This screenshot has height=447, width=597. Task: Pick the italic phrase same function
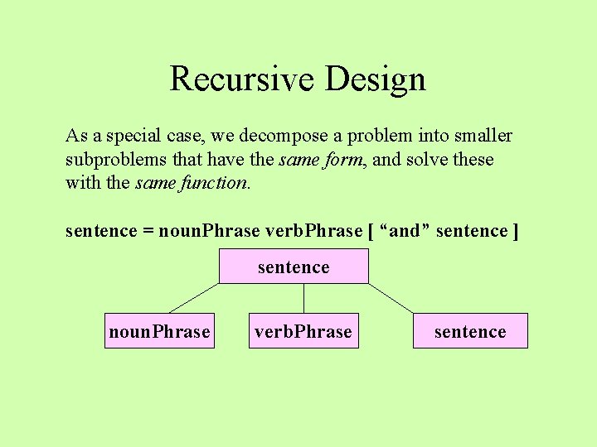pyautogui.click(x=191, y=182)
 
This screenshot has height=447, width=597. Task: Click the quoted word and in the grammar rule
pyautogui.click(x=404, y=231)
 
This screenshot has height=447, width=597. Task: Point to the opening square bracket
pyautogui.click(x=369, y=231)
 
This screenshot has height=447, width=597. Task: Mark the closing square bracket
pyautogui.click(x=516, y=231)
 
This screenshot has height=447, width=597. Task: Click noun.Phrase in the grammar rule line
pyautogui.click(x=208, y=231)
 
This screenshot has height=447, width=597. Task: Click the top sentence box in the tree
pyautogui.click(x=294, y=267)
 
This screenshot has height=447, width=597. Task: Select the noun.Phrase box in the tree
pyautogui.click(x=159, y=331)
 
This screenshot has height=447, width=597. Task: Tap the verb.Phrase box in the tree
pyautogui.click(x=303, y=331)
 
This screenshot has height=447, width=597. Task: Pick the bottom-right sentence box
pyautogui.click(x=470, y=331)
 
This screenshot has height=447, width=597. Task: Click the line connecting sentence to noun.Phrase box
pyautogui.click(x=194, y=298)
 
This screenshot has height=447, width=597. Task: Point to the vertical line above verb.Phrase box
pyautogui.click(x=303, y=298)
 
